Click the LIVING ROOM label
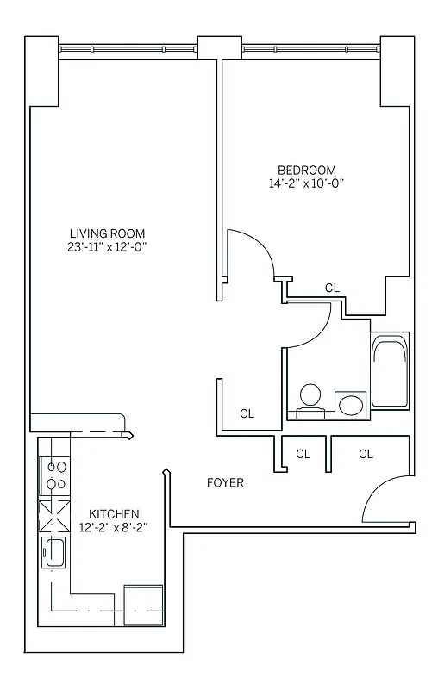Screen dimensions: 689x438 [x=107, y=233]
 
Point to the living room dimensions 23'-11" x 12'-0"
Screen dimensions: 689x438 [x=107, y=247]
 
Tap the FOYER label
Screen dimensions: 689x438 [x=225, y=483]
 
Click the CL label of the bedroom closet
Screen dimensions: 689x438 [x=332, y=288]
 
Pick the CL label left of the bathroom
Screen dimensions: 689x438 [x=247, y=413]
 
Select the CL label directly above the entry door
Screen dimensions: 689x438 [x=366, y=454]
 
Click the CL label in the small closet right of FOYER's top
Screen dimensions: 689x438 [x=303, y=454]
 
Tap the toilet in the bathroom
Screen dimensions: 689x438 [x=310, y=400]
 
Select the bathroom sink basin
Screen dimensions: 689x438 [x=350, y=404]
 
